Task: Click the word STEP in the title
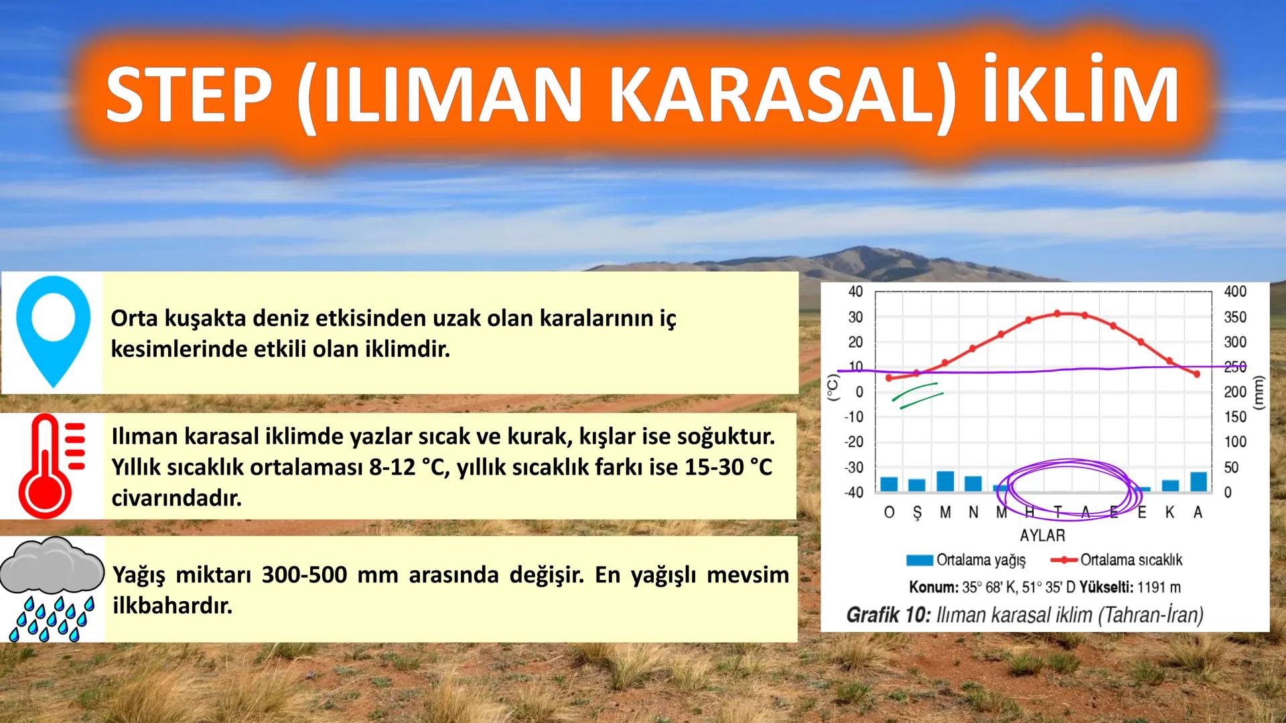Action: coord(191,95)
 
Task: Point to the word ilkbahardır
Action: coord(173,607)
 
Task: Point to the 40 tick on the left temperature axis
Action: coord(855,292)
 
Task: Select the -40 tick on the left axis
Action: coord(853,492)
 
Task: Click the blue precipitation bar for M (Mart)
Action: coord(945,481)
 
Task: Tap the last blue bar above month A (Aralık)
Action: coord(1198,481)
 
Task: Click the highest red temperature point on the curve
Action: coord(1058,313)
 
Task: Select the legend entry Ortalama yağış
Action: coord(967,560)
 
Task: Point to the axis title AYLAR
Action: coord(1042,536)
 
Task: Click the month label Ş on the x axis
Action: coord(917,513)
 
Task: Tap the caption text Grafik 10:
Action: coord(888,615)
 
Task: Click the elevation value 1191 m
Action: coord(1159,588)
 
